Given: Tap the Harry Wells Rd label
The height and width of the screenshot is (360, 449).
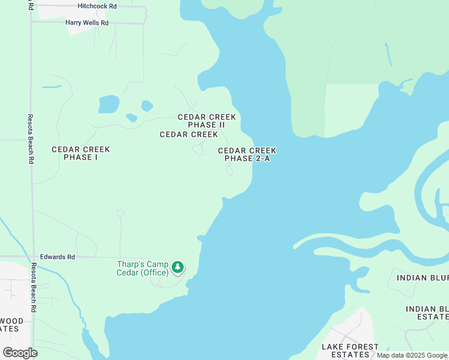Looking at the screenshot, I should click(86, 23).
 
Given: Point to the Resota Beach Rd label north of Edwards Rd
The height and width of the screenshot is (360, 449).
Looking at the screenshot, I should click(30, 140).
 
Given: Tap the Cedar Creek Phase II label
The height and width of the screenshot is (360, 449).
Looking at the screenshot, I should click(206, 121).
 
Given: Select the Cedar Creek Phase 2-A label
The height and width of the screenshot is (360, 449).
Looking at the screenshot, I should click(247, 155).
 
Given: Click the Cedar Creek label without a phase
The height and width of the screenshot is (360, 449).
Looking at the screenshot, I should click(188, 134).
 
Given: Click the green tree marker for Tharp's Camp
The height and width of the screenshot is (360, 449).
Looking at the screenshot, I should click(177, 266).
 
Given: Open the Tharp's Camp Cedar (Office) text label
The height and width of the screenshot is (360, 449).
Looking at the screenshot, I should click(142, 268).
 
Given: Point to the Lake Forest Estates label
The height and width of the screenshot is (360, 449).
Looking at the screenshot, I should click(350, 350).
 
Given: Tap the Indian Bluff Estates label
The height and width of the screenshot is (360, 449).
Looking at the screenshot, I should click(427, 313).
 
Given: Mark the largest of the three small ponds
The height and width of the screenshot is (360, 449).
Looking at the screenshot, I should click(109, 104).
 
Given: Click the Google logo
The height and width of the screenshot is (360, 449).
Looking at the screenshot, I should click(20, 353).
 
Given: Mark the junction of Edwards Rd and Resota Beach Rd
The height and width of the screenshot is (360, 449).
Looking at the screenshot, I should click(32, 257).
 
